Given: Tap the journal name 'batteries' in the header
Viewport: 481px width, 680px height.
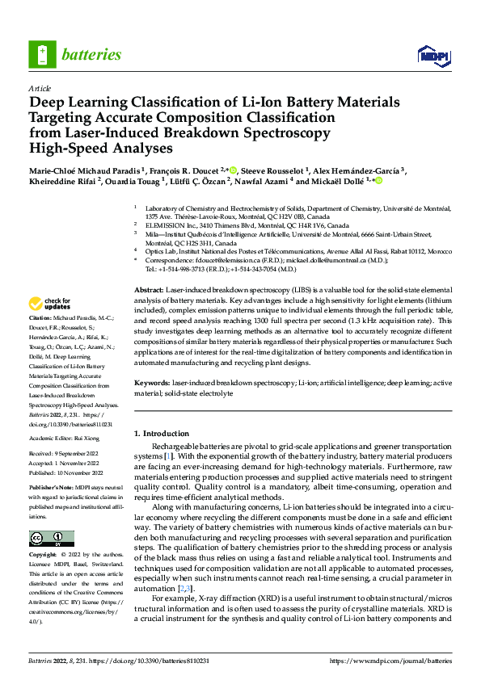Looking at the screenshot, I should pyautogui.click(x=91, y=55).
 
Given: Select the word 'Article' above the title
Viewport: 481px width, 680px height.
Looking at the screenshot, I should pyautogui.click(x=40, y=88).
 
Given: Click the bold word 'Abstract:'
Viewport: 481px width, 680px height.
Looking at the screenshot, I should pyautogui.click(x=149, y=288).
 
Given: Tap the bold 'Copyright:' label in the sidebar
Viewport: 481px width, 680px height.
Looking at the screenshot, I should pyautogui.click(x=44, y=556).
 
